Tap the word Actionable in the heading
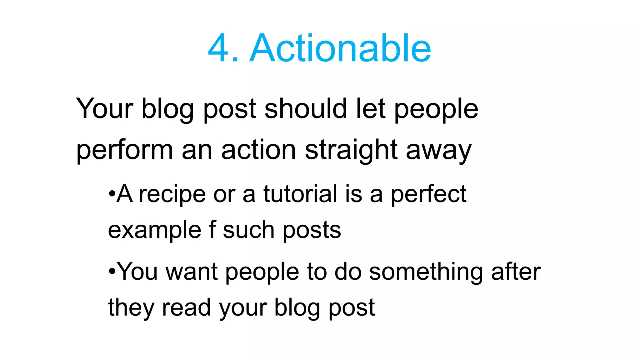340,48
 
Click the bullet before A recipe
112,194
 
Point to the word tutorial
300,194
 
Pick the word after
516,271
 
